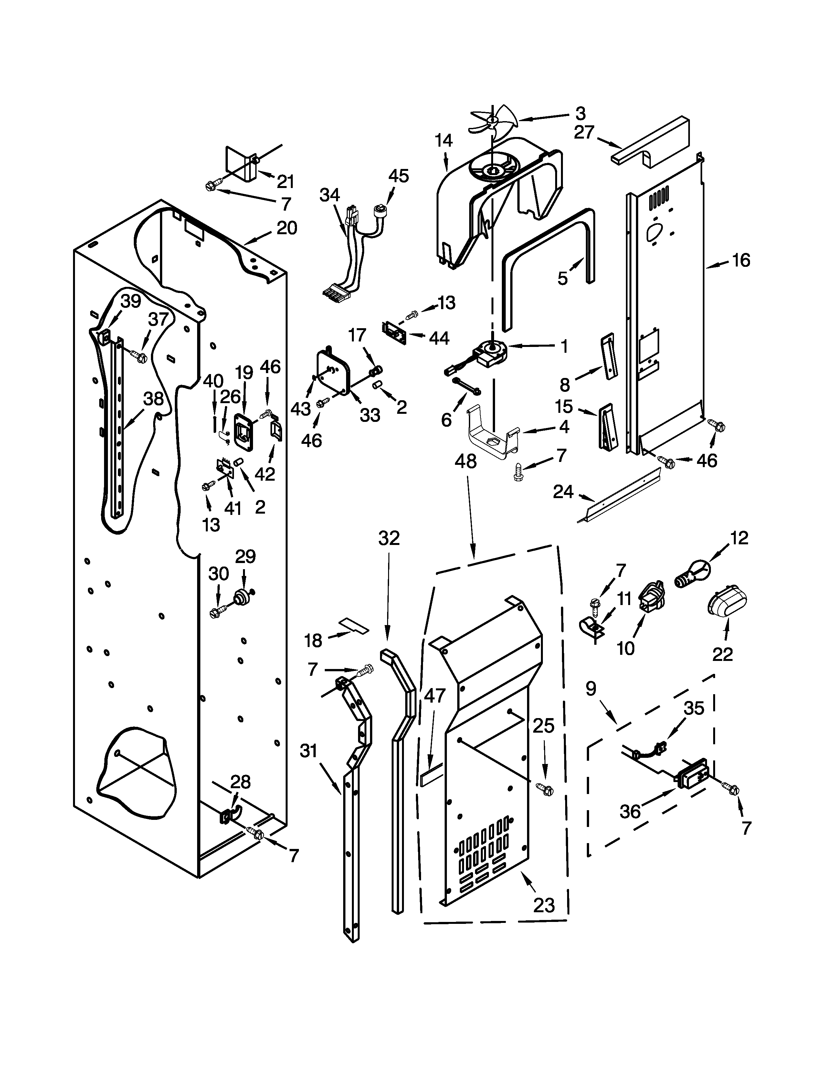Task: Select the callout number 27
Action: coord(584,132)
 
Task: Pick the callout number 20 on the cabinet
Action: coord(287,228)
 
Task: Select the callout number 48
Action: coord(465,460)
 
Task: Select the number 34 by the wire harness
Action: coord(330,195)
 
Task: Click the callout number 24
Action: coord(563,492)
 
